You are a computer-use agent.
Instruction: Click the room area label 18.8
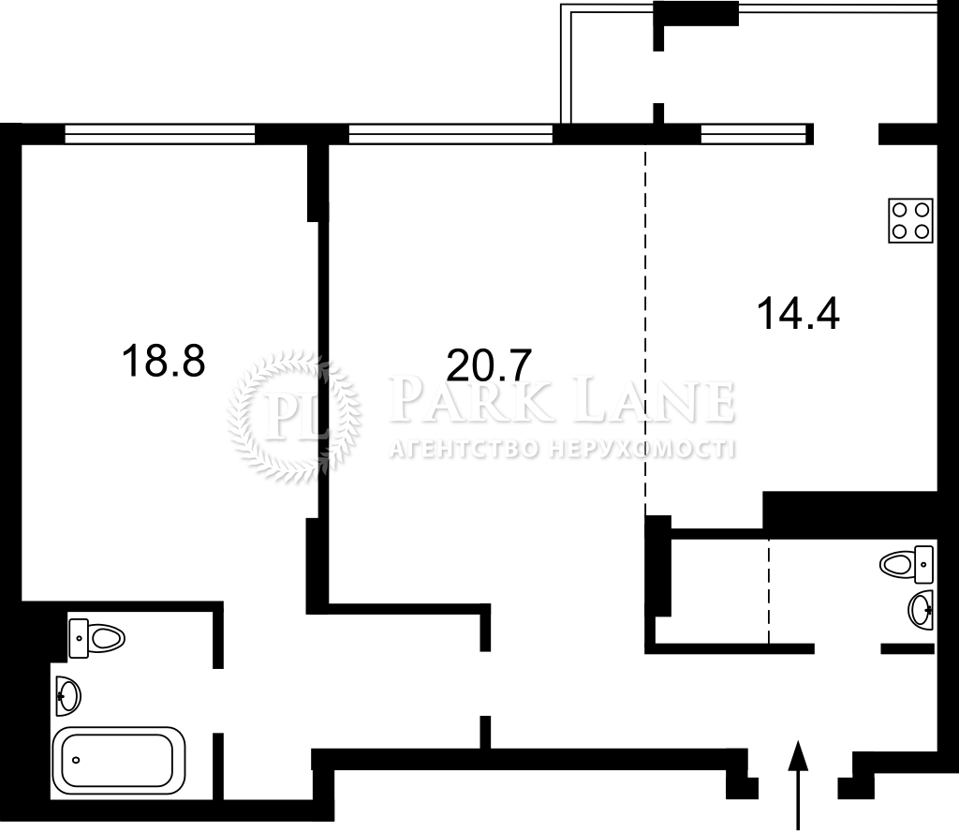pyautogui.click(x=163, y=361)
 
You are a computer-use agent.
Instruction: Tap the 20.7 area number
pyautogui.click(x=489, y=365)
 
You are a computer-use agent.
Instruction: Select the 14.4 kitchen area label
pyautogui.click(x=798, y=313)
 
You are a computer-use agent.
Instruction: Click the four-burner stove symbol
pyautogui.click(x=910, y=220)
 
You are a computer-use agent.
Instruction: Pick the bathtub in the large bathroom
pyautogui.click(x=119, y=760)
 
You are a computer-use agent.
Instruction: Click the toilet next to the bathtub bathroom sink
pyautogui.click(x=96, y=639)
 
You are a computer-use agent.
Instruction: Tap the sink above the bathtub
pyautogui.click(x=67, y=695)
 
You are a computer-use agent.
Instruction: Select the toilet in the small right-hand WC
pyautogui.click(x=907, y=564)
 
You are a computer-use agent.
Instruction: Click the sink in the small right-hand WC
pyautogui.click(x=922, y=610)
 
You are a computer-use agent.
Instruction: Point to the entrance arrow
pyautogui.click(x=798, y=785)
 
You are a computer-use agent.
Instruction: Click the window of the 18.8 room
pyautogui.click(x=159, y=134)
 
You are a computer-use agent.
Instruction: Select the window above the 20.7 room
pyautogui.click(x=450, y=134)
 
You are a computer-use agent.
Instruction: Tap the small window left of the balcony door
pyautogui.click(x=753, y=134)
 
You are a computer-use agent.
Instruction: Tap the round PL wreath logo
pyautogui.click(x=293, y=417)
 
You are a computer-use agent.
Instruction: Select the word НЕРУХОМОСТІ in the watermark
pyautogui.click(x=642, y=450)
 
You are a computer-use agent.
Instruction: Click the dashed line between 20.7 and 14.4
pyautogui.click(x=646, y=331)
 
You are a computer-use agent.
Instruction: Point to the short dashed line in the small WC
pyautogui.click(x=770, y=591)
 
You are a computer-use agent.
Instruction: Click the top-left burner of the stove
pyautogui.click(x=900, y=211)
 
